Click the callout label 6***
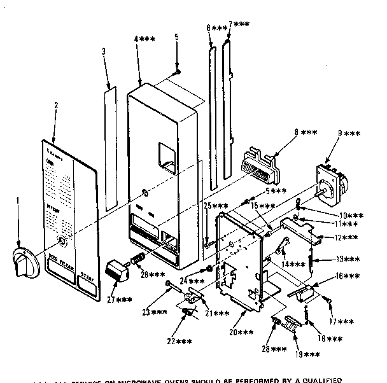click(216, 29)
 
